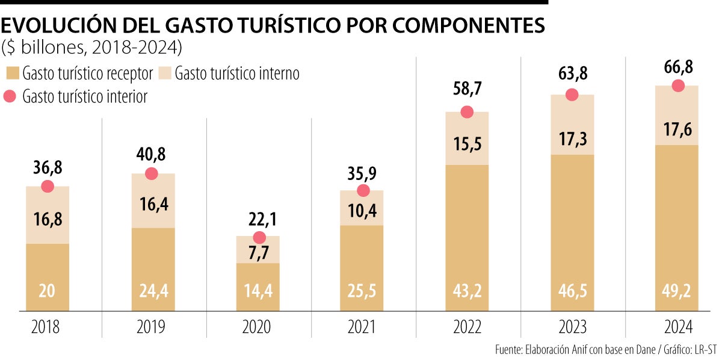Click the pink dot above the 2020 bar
tap(259, 237)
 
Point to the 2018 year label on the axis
tap(47, 327)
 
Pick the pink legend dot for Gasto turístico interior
tap(11, 96)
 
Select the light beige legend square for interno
tap(165, 73)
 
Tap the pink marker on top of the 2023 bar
tap(572, 95)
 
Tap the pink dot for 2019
tap(152, 173)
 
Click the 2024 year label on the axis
tap(678, 327)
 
